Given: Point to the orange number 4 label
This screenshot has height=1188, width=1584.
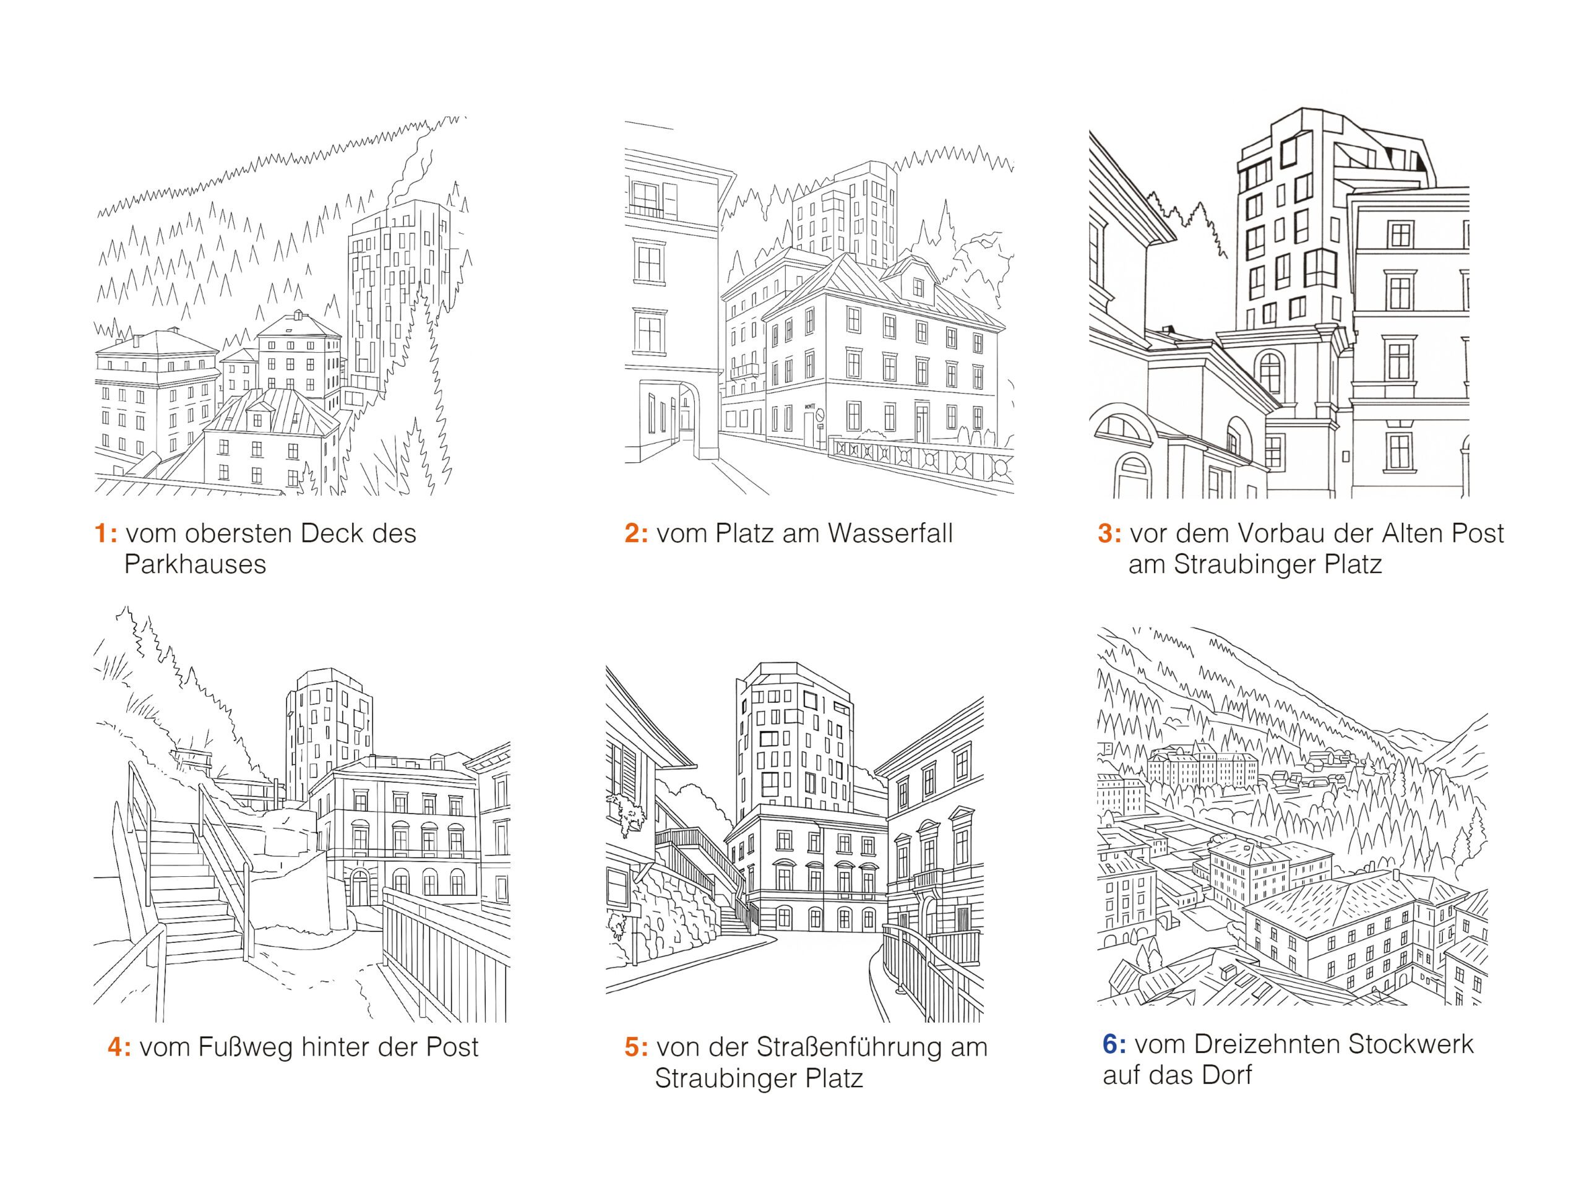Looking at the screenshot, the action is click(119, 1047).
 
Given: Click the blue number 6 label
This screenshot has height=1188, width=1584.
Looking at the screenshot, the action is click(1114, 1044).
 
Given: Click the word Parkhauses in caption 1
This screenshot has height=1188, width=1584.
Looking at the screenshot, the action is click(195, 565).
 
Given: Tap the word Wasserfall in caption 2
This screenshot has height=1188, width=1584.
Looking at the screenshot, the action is click(890, 533).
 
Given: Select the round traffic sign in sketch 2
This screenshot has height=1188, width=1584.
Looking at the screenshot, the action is click(820, 414).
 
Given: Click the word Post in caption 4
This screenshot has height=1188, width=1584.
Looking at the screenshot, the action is click(452, 1047).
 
